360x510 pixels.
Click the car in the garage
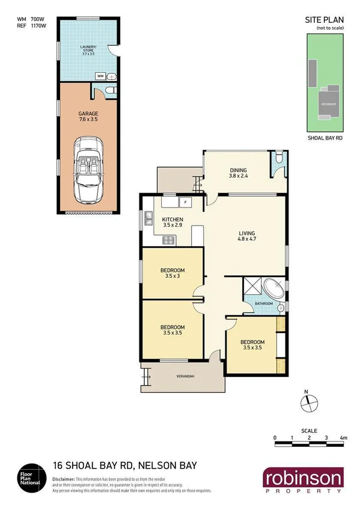[88, 171]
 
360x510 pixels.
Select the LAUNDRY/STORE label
[88, 49]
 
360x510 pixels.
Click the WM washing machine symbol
[100, 76]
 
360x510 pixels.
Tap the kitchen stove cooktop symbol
[169, 240]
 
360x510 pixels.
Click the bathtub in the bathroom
[276, 290]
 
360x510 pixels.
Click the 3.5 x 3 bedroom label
[172, 272]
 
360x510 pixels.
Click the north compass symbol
[307, 404]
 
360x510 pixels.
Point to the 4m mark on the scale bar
[343, 437]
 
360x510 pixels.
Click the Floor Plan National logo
[30, 477]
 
